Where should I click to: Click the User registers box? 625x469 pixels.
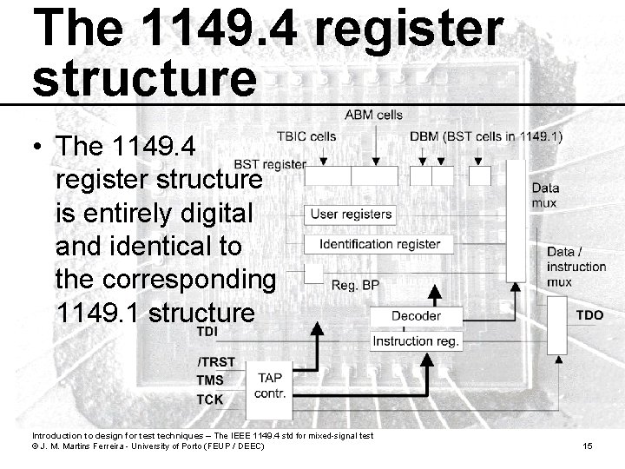352,214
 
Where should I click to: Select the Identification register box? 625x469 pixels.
379,245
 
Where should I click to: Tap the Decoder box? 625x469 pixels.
416,316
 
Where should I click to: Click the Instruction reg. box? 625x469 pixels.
416,341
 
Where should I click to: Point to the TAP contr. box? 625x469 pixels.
270,385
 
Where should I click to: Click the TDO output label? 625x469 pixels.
589,315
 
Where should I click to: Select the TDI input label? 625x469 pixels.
207,333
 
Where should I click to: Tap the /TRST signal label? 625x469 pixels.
215,362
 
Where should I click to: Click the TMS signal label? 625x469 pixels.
211,380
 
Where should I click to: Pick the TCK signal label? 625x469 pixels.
210,400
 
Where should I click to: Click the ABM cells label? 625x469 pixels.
373,115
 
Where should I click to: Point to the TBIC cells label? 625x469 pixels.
306,136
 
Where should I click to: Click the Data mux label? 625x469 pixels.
545,195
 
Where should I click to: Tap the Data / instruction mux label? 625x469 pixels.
576,267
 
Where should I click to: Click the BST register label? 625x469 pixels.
270,163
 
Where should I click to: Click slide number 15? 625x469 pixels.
588,446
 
